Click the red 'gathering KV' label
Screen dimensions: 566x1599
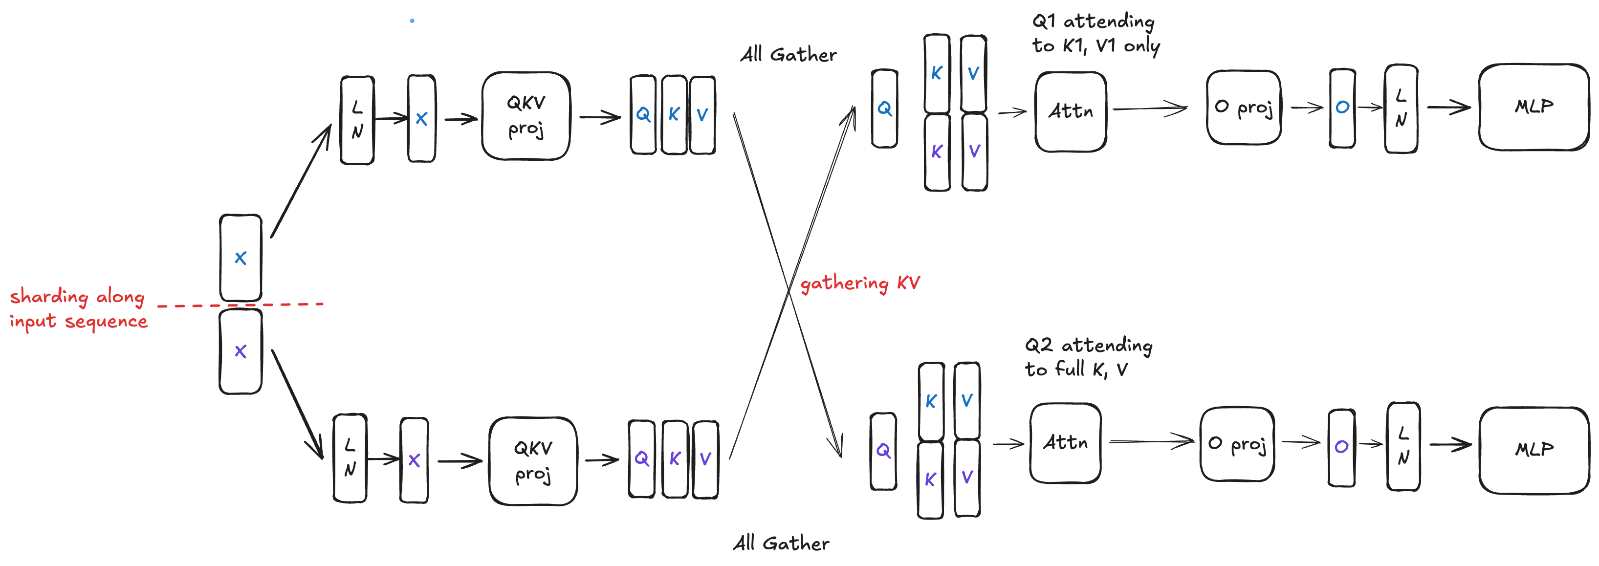pos(860,283)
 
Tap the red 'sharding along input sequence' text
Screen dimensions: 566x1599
pos(78,308)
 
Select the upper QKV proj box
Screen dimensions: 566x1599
pos(526,116)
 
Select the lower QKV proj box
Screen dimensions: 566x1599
pos(532,461)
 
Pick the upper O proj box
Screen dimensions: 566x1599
pos(1243,108)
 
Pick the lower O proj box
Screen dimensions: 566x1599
pos(1237,444)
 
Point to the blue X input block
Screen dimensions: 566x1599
pos(241,258)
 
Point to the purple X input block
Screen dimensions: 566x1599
pos(241,351)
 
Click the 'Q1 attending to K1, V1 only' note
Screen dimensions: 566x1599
pos(1095,34)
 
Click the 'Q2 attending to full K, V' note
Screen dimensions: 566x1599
pos(1088,357)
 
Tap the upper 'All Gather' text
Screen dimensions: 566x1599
pos(789,55)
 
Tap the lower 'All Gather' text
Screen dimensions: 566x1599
pos(781,544)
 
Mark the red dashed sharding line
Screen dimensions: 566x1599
pos(241,305)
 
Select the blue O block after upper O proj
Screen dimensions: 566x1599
pos(1342,108)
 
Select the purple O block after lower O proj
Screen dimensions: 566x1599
pos(1341,447)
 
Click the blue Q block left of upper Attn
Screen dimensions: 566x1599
pos(884,109)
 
